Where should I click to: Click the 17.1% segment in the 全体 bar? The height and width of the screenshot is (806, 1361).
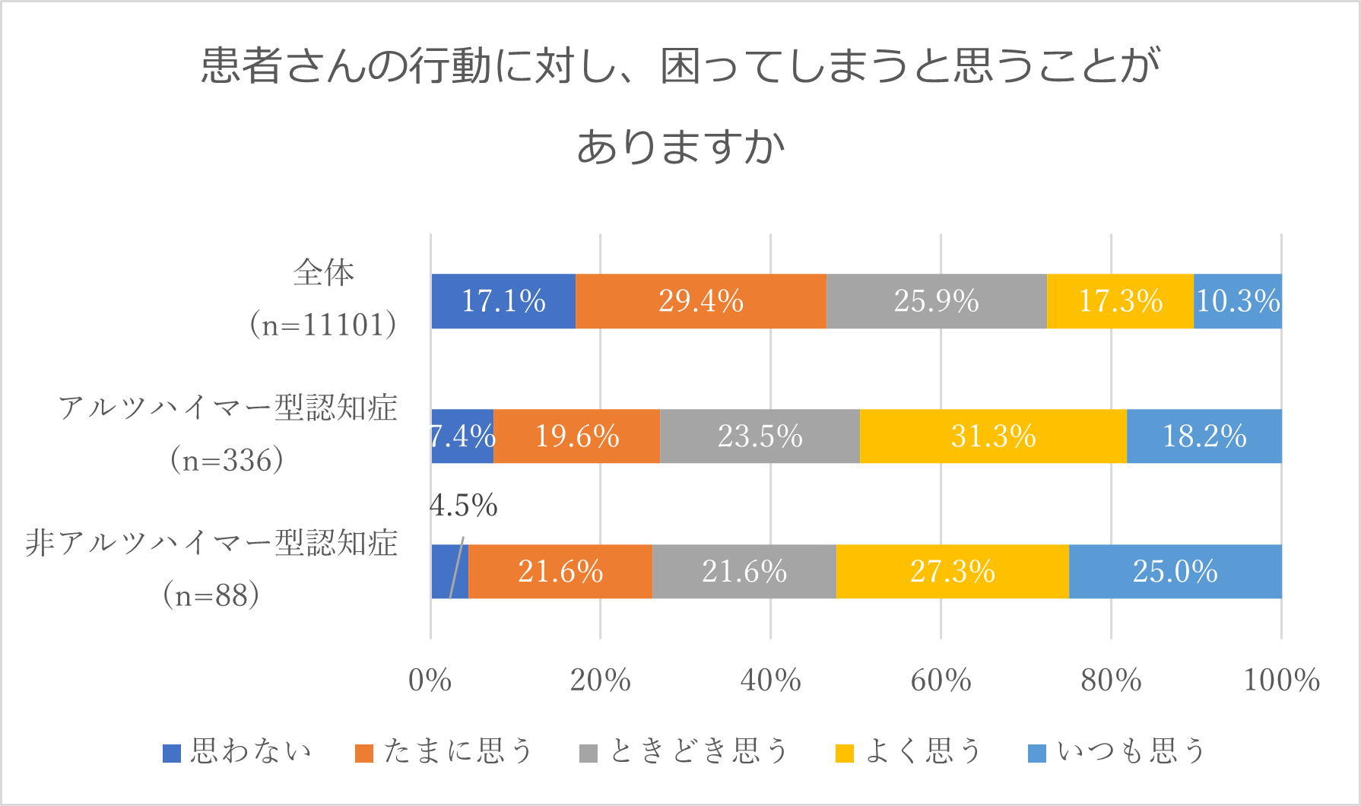[503, 301]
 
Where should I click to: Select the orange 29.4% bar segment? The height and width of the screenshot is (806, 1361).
[700, 301]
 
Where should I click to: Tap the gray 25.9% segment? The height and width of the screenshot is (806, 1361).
[936, 301]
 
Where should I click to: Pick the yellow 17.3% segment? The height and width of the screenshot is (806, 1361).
[1120, 301]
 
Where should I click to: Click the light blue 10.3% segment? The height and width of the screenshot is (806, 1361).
[1238, 301]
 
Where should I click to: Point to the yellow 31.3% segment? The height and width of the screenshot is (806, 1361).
[993, 436]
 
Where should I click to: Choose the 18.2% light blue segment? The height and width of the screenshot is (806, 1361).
[1204, 436]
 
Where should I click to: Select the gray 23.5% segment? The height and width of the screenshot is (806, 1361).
[760, 436]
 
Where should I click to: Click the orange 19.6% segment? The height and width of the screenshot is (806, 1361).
[576, 436]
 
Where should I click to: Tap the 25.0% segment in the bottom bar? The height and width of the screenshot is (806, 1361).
[1175, 572]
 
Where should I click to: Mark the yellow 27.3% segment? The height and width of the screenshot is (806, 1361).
[952, 572]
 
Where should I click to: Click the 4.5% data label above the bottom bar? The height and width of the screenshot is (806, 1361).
[463, 506]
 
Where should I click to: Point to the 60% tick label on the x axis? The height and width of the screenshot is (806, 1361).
[941, 681]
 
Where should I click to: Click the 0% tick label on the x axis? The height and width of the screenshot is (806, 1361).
[430, 681]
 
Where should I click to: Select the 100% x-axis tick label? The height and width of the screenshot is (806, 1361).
[1281, 681]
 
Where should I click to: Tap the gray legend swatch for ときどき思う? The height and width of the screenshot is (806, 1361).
[588, 753]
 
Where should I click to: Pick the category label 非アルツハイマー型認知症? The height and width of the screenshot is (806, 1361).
[211, 544]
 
